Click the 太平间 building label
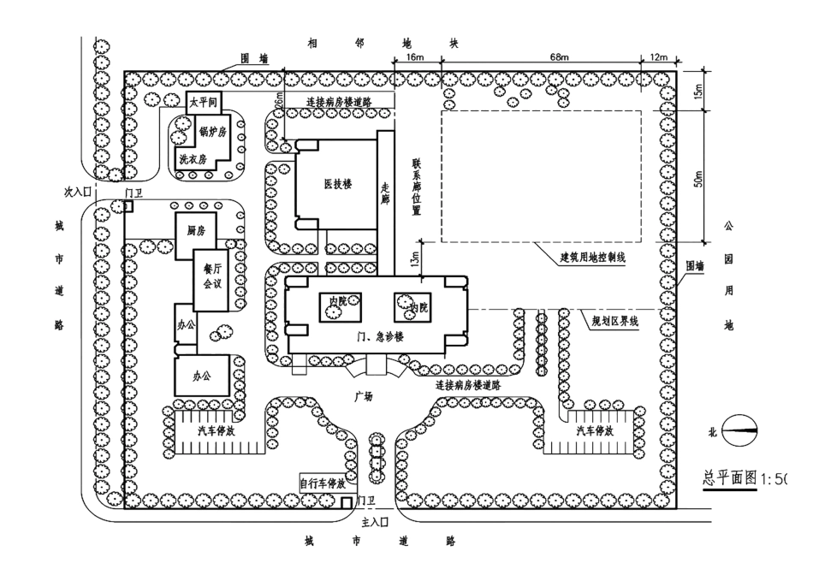pos(203,101)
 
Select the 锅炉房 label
pos(211,132)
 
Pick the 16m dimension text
pos(417,56)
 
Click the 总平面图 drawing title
pos(730,478)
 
